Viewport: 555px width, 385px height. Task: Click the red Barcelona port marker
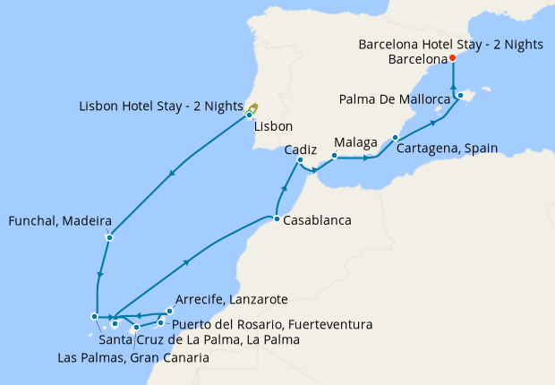[x=452, y=58]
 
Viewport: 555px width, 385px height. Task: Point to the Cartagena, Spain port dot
[x=395, y=138]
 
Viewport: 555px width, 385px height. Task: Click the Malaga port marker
[x=333, y=156]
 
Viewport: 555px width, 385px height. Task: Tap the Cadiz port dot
[x=301, y=160]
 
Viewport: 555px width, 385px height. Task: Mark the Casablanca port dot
[x=277, y=219]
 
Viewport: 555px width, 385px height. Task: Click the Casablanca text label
[x=316, y=219]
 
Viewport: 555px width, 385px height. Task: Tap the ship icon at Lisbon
[x=253, y=108]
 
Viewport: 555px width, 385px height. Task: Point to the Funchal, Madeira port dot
[x=108, y=237]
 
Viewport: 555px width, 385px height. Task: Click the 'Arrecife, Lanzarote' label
[x=231, y=299]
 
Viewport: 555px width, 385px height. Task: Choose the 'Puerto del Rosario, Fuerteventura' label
[x=272, y=323]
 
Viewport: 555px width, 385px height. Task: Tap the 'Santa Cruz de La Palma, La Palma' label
[x=199, y=339]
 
